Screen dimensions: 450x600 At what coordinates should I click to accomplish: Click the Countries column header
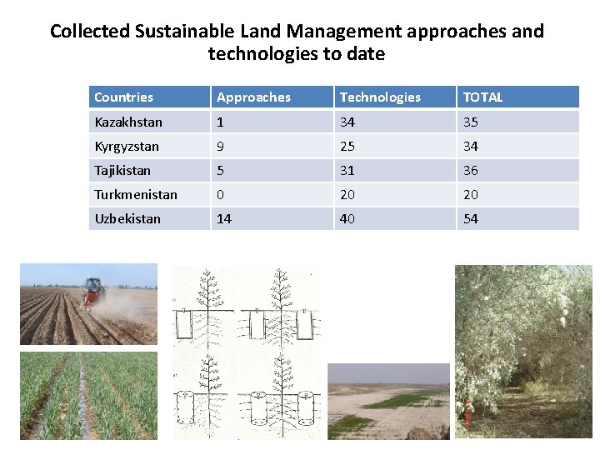tap(123, 97)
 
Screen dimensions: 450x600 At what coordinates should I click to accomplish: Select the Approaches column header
tap(253, 97)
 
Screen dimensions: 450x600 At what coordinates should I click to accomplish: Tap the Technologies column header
tap(380, 97)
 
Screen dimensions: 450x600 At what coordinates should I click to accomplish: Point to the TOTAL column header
tap(482, 97)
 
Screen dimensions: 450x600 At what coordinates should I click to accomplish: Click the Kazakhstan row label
tap(128, 122)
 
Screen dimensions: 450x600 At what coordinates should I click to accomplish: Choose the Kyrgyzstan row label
tap(127, 147)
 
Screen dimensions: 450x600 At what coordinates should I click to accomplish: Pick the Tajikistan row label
tap(122, 171)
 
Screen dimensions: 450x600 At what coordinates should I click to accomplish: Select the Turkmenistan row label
tap(136, 195)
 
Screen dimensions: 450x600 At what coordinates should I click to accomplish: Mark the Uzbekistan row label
tap(127, 219)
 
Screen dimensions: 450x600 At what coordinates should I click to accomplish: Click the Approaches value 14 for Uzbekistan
tap(224, 219)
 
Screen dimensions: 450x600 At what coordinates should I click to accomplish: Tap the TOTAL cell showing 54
tap(471, 219)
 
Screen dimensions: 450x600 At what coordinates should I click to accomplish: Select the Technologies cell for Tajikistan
tap(347, 171)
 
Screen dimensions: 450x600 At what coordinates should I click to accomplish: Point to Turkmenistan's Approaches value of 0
tap(220, 195)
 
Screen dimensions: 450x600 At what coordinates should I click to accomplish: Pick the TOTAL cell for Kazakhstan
tap(471, 122)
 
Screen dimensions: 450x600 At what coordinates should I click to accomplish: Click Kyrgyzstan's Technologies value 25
tap(347, 147)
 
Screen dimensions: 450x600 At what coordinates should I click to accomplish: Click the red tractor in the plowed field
tap(92, 292)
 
